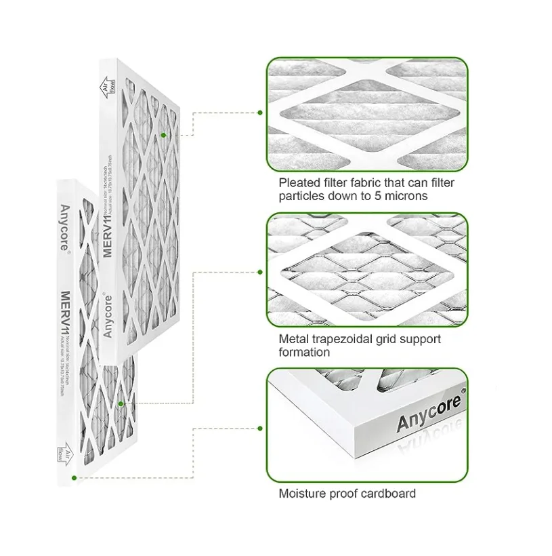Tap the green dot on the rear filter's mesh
[163, 135]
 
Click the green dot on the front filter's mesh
[121, 403]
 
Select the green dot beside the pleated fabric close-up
[259, 113]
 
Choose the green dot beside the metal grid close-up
[259, 272]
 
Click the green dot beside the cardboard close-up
[259, 428]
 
